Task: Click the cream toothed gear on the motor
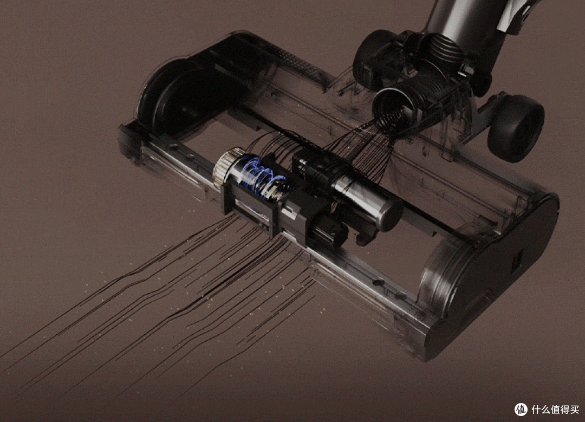227,169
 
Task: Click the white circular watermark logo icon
521,410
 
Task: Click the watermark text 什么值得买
555,410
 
